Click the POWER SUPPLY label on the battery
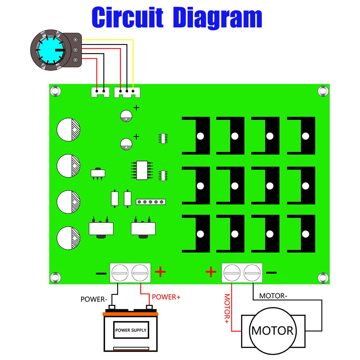pos(131,330)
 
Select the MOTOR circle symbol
pos(273,330)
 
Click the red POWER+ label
pos(166,297)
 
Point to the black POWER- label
pos(94,299)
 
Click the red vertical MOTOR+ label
pos(227,308)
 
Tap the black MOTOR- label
pos(273,296)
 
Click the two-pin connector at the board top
pos(100,92)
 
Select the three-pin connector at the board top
pos(127,92)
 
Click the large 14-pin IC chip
pos(142,170)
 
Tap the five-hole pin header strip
pos(150,202)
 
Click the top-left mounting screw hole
pos(55,91)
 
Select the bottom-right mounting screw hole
pos(323,278)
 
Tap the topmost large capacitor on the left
pos(68,129)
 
